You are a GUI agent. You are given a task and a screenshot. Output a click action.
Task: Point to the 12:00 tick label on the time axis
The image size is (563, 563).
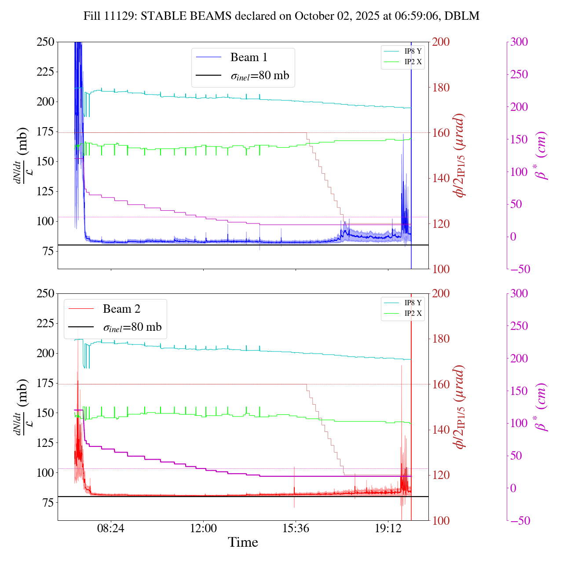(203, 528)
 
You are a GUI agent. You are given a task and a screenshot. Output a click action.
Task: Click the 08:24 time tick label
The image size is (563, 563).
(111, 528)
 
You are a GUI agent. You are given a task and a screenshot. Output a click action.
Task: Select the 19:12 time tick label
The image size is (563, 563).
(388, 528)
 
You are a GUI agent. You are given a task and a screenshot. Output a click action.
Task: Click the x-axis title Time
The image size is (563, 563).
(243, 542)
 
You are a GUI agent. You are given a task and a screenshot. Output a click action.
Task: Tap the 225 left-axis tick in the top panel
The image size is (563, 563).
(45, 72)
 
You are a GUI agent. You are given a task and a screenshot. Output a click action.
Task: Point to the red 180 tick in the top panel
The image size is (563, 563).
(441, 88)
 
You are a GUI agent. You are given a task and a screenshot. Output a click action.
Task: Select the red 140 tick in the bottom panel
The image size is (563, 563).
(441, 430)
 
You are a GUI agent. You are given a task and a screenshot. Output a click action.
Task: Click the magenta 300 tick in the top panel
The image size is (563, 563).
(519, 42)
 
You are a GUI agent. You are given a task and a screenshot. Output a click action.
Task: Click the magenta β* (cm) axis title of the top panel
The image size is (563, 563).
(542, 155)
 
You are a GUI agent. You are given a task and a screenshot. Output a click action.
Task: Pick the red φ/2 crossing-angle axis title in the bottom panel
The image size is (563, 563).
(460, 407)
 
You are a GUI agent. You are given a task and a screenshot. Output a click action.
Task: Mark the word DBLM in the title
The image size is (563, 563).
(461, 16)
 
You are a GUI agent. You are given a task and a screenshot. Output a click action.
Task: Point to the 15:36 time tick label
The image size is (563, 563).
(296, 528)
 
